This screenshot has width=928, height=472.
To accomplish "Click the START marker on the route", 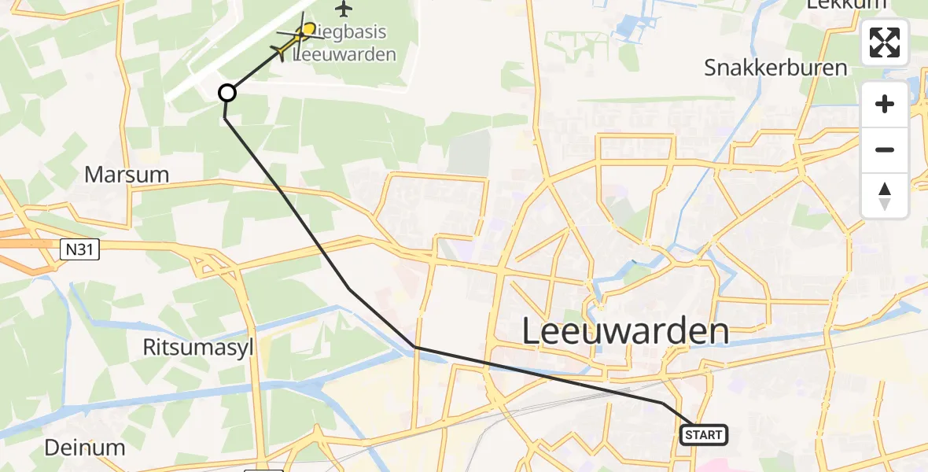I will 703,435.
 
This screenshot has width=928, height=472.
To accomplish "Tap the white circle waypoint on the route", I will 226,94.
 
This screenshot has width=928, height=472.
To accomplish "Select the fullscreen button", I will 885,42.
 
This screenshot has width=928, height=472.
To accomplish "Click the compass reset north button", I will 885,196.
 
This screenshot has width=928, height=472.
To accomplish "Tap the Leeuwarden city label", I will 625,331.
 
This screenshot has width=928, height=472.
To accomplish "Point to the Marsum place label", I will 127,175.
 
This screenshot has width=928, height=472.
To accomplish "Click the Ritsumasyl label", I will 198,347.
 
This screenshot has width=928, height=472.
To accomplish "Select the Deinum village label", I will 84,448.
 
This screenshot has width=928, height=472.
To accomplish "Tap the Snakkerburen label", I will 775,68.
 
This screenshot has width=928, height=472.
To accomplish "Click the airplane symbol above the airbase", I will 344,9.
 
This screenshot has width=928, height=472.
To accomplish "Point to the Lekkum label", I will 846,5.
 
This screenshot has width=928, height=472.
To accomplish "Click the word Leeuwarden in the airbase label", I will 344,56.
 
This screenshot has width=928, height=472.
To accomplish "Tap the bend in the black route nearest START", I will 662,403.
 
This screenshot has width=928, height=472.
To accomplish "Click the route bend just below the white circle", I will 225,118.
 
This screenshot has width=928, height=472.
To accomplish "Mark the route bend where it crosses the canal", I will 414,346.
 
